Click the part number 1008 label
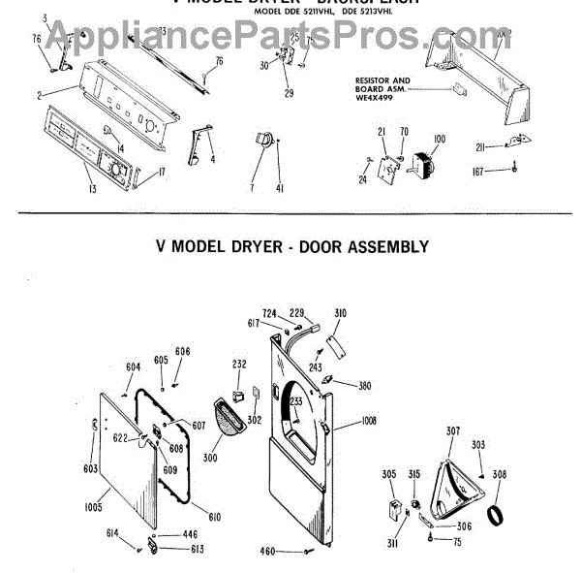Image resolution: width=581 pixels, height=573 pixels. click(370, 422)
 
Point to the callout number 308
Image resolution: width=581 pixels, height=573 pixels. click(500, 475)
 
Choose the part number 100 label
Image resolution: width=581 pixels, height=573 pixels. click(439, 140)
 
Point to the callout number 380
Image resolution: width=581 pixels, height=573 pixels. click(364, 386)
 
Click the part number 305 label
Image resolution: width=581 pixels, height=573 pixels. click(388, 474)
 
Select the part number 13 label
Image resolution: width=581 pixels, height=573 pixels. click(91, 188)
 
